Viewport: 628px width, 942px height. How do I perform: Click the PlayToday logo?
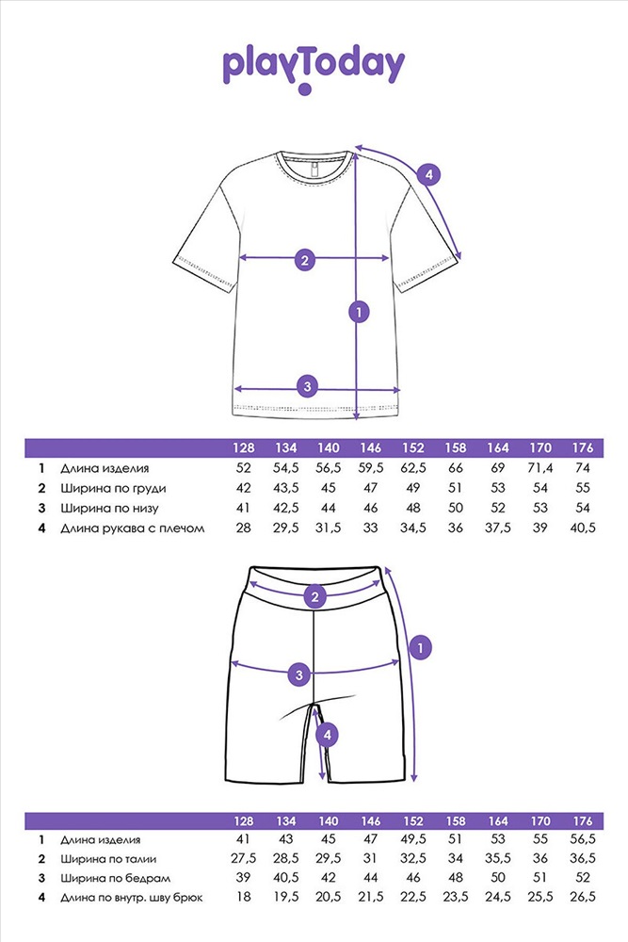[x=314, y=69]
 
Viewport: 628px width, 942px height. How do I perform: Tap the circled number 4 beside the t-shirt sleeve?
[x=428, y=175]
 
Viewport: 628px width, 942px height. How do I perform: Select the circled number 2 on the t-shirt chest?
[x=305, y=260]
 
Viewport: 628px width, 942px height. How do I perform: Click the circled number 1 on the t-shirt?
[x=359, y=312]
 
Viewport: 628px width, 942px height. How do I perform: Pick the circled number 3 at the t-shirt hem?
[x=307, y=385]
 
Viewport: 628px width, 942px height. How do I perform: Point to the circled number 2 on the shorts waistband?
[x=315, y=596]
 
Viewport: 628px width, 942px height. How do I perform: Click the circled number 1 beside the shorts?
[x=420, y=648]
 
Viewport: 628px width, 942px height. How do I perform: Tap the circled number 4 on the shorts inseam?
[x=328, y=734]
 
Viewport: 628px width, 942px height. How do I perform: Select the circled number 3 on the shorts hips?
[x=299, y=674]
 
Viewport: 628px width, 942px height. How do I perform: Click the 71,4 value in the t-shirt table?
[x=540, y=468]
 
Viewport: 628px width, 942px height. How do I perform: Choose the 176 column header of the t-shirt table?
[x=583, y=447]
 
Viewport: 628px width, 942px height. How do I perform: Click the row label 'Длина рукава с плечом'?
[x=132, y=528]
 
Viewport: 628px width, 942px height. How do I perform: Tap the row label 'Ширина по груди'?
[x=113, y=488]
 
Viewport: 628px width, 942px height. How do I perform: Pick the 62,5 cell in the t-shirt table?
[x=413, y=468]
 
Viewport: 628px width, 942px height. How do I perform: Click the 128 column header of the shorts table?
[x=243, y=820]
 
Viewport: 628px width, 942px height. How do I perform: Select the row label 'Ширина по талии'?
[x=108, y=859]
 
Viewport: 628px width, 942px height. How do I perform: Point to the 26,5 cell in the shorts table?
[x=583, y=897]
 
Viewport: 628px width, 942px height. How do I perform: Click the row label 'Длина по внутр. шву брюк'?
[x=132, y=898]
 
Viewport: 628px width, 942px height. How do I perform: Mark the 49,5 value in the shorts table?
[x=413, y=839]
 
